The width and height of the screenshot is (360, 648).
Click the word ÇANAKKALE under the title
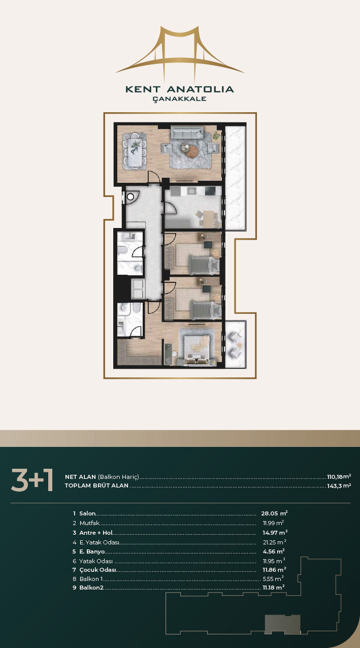pyautogui.click(x=180, y=99)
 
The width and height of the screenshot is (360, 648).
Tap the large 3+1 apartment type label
pyautogui.click(x=32, y=480)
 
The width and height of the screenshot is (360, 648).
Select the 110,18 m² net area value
pyautogui.click(x=339, y=476)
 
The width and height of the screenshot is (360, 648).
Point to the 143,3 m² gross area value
pyautogui.click(x=339, y=485)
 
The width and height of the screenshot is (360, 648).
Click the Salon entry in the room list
pyautogui.click(x=87, y=513)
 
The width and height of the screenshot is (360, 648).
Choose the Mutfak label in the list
pyautogui.click(x=90, y=523)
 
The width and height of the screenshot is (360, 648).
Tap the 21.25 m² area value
pyautogui.click(x=274, y=542)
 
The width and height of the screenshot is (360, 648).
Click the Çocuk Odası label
pyautogui.click(x=97, y=570)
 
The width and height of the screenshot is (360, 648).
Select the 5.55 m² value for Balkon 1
pyautogui.click(x=273, y=579)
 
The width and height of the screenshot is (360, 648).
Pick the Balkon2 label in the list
pyautogui.click(x=91, y=588)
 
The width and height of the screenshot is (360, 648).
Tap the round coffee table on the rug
pyautogui.click(x=191, y=151)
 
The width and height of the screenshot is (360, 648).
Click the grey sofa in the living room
pyautogui.click(x=187, y=132)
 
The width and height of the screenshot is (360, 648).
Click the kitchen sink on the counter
pyautogui.click(x=191, y=190)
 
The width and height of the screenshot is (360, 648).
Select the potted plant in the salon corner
pyautogui.click(x=216, y=135)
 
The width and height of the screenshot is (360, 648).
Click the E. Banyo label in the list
pyautogui.click(x=92, y=552)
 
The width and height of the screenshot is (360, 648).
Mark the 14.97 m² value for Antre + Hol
pyautogui.click(x=274, y=533)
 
